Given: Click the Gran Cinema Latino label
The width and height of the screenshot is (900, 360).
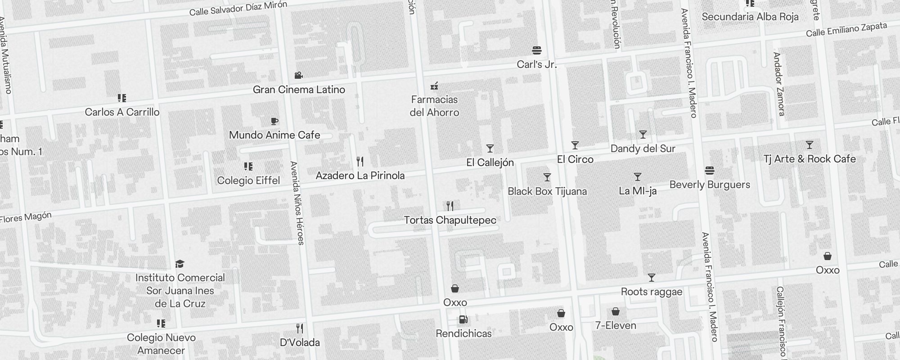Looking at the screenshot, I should [x=299, y=90].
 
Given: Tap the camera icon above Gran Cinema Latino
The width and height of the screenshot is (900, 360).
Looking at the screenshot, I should [x=298, y=75].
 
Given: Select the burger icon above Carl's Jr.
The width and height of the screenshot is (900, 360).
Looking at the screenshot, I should [x=536, y=50].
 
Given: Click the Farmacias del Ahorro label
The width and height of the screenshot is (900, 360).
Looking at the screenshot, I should [x=434, y=106].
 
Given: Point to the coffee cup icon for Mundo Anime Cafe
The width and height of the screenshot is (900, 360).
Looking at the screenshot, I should [x=274, y=121].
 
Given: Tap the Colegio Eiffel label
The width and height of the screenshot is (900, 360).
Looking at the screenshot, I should [x=248, y=180].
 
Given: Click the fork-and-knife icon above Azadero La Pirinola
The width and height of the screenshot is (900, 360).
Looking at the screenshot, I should [x=360, y=162].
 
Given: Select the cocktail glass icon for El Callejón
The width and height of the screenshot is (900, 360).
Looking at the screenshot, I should [x=490, y=148].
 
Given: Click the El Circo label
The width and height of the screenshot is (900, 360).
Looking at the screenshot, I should [x=575, y=159].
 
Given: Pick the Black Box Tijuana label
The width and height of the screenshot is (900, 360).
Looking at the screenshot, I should [x=547, y=191].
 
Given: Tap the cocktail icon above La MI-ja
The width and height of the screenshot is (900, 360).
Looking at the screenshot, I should [x=638, y=177].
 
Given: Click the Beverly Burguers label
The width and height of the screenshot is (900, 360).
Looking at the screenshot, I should [x=710, y=184].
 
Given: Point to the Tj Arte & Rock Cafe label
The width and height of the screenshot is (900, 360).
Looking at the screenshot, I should [x=810, y=159].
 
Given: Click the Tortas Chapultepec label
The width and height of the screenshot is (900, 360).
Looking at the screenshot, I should [x=450, y=220].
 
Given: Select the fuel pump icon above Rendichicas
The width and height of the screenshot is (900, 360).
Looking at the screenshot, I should [x=463, y=319].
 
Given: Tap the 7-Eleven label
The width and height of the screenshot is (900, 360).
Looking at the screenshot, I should [x=616, y=325].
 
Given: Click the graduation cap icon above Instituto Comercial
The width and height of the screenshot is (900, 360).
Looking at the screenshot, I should [x=180, y=264].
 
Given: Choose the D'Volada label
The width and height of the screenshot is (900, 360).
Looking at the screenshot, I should [x=300, y=342].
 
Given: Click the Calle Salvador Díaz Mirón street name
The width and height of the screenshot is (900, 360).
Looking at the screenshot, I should [x=238, y=8].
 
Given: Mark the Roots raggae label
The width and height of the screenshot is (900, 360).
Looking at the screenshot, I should [x=652, y=292].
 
